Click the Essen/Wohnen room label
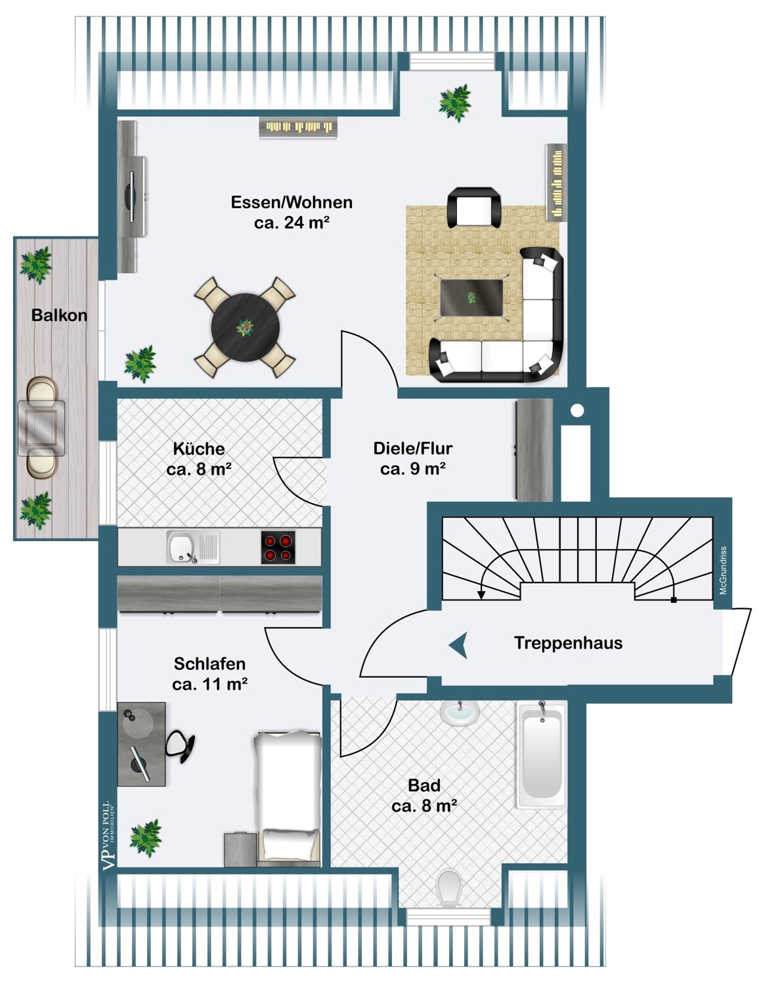tap(291, 202)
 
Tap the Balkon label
tap(59, 315)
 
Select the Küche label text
tap(198, 449)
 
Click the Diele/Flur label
tap(412, 449)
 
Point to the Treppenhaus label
tap(567, 643)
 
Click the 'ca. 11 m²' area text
tap(209, 684)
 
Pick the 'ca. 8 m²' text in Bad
tap(423, 806)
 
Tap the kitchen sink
tap(181, 547)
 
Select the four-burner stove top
tap(278, 547)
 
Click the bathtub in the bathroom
tap(541, 755)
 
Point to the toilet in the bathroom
tap(449, 888)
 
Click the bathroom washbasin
tap(460, 712)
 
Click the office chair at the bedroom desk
tap(180, 746)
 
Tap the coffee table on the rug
tap(471, 297)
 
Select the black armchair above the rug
tap(473, 208)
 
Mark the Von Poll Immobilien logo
tap(108, 835)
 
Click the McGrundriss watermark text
tap(723, 570)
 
